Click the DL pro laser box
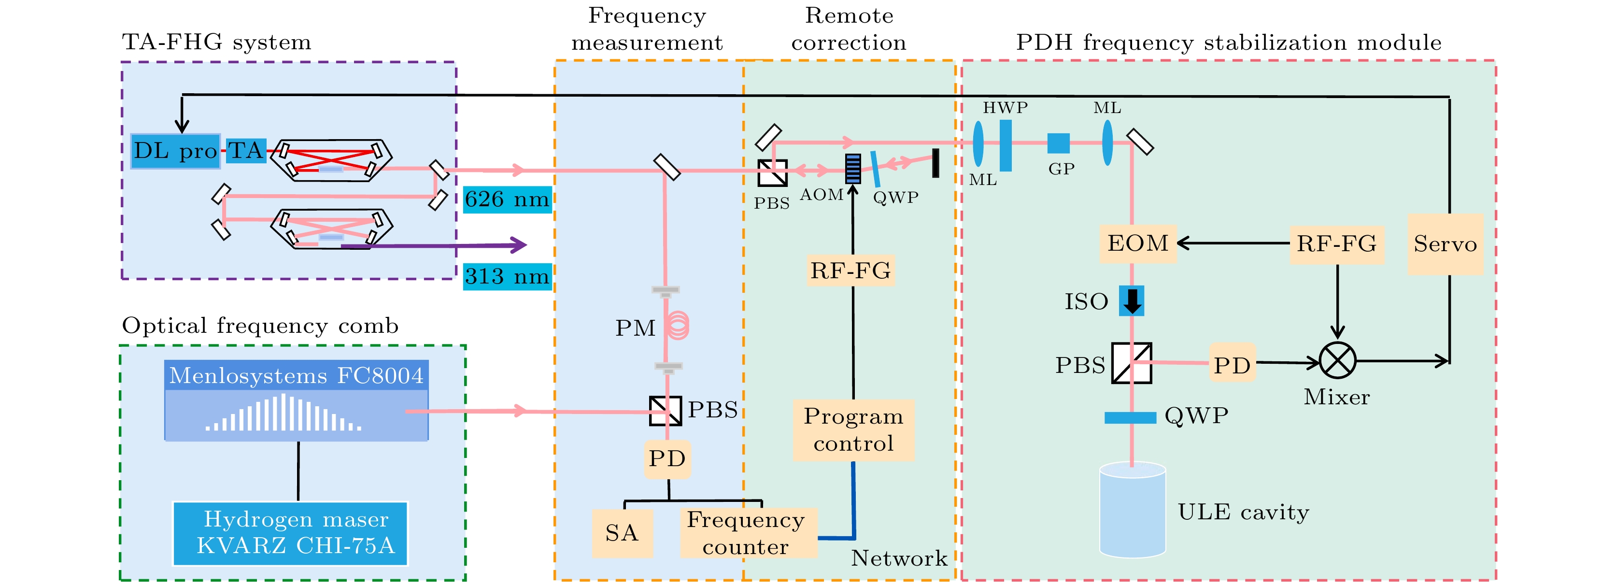point(175,151)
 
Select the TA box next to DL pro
point(245,151)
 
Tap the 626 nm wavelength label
point(507,200)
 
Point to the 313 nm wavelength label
point(507,276)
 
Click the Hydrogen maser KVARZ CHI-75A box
point(290,533)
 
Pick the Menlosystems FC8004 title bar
point(296,375)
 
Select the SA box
point(622,533)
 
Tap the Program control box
point(853,430)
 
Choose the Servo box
point(1445,243)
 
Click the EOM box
point(1137,243)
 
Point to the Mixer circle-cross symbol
point(1337,361)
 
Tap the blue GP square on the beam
point(1058,143)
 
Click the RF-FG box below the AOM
point(850,271)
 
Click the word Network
point(898,558)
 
